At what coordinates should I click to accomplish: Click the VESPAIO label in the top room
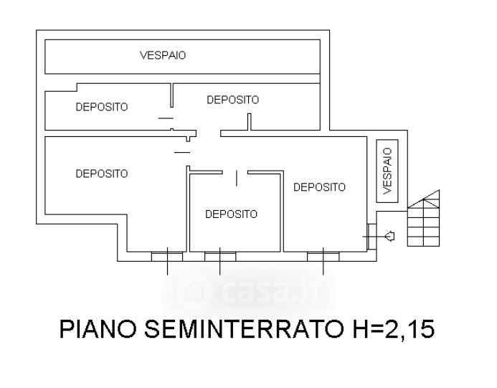(163, 55)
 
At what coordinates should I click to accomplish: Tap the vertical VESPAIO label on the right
(387, 171)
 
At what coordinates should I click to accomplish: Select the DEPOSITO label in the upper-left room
(102, 107)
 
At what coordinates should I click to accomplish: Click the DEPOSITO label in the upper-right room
(232, 100)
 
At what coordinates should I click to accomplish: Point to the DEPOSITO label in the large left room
(102, 174)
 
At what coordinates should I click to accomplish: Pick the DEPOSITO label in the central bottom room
(231, 214)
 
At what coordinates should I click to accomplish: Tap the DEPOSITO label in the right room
(319, 187)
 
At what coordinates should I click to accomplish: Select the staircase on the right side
(423, 218)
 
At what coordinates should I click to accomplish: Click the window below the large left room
(167, 257)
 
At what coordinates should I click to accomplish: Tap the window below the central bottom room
(220, 257)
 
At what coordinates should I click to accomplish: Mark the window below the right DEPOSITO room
(323, 257)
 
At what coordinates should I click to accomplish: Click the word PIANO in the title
(98, 329)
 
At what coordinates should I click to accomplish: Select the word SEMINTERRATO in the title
(244, 329)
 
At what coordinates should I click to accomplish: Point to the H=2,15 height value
(393, 330)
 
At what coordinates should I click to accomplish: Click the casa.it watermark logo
(247, 290)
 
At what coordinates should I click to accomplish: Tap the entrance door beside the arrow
(371, 237)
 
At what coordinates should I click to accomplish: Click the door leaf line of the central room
(237, 178)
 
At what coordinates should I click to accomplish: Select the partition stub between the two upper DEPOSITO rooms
(172, 95)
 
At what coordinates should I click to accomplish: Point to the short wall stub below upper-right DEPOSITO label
(249, 122)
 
